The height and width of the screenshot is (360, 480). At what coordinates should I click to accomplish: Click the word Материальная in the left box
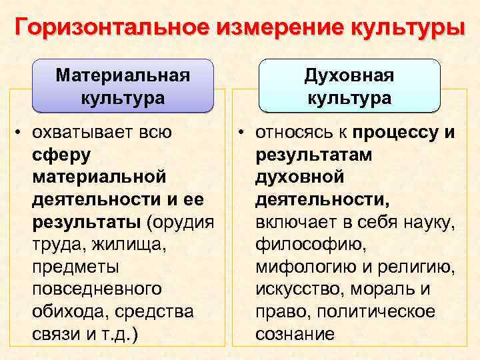(123, 75)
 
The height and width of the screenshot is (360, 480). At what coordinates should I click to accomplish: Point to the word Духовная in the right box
(349, 75)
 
